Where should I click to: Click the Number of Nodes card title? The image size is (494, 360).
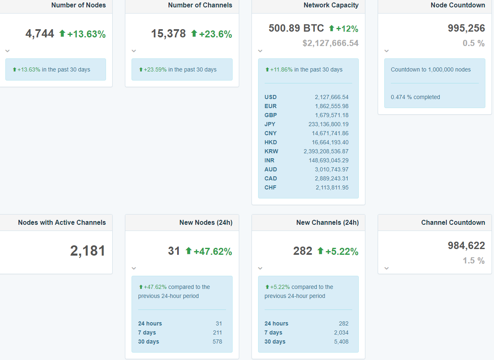(x=78, y=5)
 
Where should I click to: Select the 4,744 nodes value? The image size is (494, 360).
(x=40, y=34)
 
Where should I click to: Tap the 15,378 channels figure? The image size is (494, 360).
(x=169, y=34)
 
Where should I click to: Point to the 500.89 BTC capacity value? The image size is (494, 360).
(x=296, y=28)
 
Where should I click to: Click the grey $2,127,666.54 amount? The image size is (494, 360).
(x=330, y=43)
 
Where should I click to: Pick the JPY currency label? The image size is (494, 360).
(x=270, y=124)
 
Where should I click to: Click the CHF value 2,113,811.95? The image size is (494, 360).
(x=332, y=187)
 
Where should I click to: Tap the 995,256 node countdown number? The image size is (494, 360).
(x=466, y=28)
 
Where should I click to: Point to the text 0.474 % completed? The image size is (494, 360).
(x=416, y=97)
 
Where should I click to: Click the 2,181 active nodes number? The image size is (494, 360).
(x=88, y=251)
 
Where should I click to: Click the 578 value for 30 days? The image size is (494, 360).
(x=217, y=342)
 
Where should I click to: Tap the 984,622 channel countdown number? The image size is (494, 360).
(x=466, y=246)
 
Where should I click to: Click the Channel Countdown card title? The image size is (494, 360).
(x=453, y=222)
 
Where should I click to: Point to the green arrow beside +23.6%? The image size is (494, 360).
(x=194, y=34)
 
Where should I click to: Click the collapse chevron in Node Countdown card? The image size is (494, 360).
(x=386, y=51)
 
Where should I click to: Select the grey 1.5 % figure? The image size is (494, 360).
(x=473, y=261)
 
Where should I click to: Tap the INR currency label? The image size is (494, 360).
(x=270, y=160)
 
